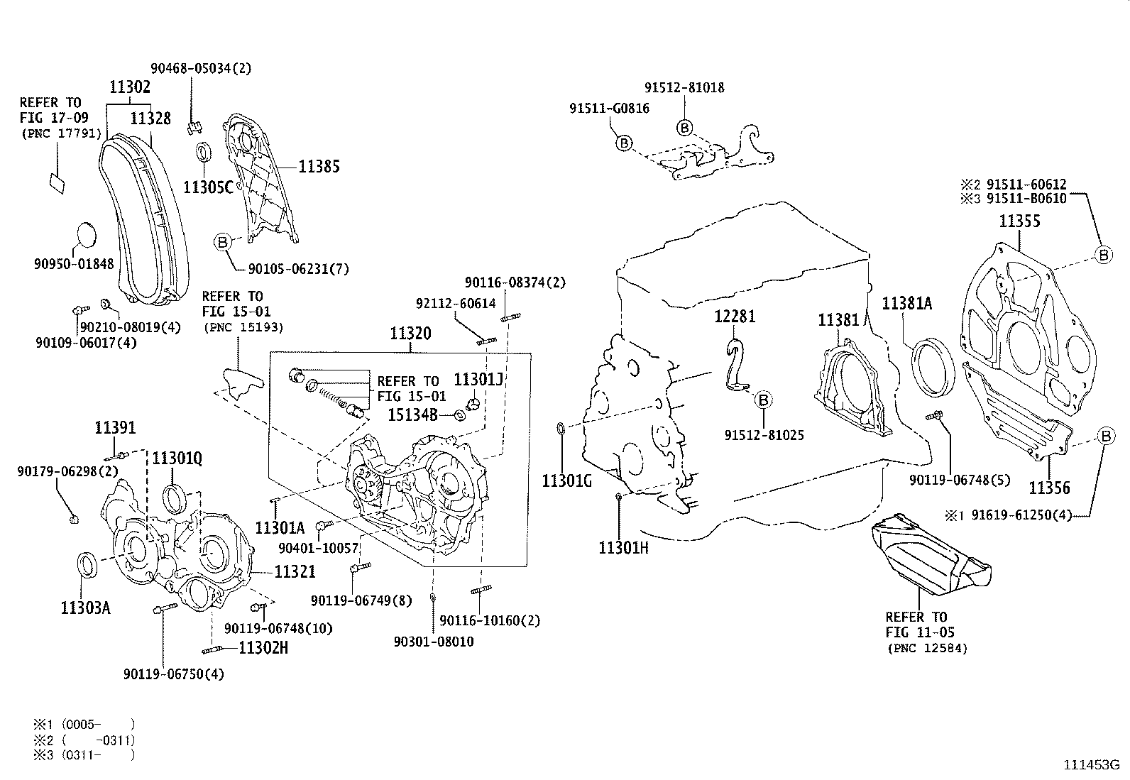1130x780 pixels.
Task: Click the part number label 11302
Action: coord(129,87)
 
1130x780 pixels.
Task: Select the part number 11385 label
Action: coord(319,167)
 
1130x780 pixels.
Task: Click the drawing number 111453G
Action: coord(1090,765)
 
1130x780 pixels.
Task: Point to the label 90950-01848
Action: coord(73,264)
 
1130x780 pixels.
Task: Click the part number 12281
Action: coord(735,317)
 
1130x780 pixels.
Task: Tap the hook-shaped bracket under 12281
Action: coord(735,365)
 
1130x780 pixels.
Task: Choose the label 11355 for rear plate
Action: coord(1019,221)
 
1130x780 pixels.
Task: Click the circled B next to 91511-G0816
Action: coord(623,143)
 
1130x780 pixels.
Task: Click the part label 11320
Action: coord(410,334)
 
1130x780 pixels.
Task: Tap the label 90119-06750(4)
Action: coord(173,674)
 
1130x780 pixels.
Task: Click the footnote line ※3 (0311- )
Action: coord(84,755)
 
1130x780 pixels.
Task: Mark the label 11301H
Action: coord(624,547)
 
